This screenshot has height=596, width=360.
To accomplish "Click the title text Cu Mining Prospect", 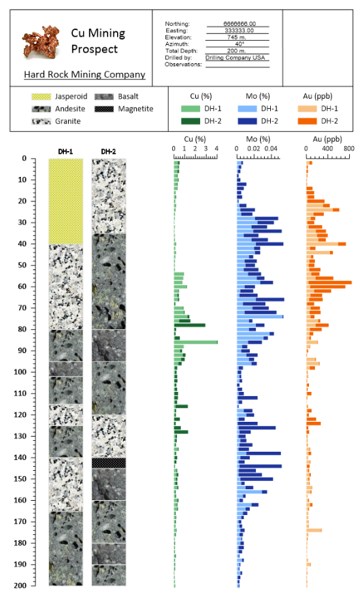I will [98, 41].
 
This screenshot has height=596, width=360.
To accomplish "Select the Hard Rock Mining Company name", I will [84, 74].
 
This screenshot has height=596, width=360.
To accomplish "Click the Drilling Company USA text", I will [238, 58].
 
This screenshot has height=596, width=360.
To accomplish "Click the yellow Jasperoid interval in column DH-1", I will [65, 201].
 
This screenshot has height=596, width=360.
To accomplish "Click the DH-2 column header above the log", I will [108, 151].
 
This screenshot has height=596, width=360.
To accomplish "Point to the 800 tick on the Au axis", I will [348, 148].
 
